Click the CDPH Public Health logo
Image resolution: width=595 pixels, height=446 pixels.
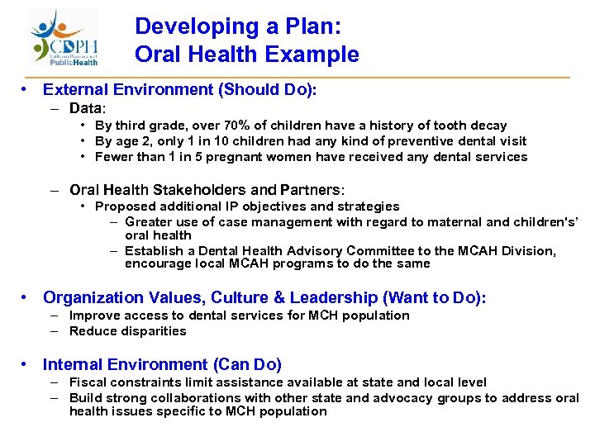click(65, 37)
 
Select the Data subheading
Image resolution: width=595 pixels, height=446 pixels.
click(87, 108)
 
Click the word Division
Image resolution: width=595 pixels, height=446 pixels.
click(530, 251)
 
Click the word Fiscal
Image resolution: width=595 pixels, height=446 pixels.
click(88, 382)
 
